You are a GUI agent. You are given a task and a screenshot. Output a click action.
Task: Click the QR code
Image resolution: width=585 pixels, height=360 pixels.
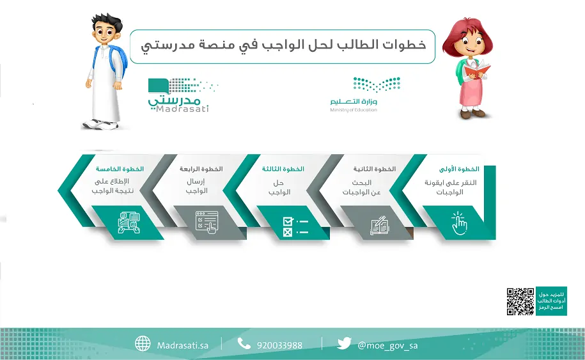point(520,301)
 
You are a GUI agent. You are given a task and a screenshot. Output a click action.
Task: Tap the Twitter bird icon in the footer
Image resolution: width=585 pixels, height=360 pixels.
point(343,343)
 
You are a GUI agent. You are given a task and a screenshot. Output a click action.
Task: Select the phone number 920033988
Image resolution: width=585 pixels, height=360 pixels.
point(279,345)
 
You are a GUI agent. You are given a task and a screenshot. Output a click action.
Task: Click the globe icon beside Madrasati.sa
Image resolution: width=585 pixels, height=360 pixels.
point(143,343)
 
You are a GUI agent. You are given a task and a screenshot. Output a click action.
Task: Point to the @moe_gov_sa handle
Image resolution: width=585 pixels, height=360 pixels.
point(387,345)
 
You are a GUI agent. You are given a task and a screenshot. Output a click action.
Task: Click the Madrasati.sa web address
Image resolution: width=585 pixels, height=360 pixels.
point(182,345)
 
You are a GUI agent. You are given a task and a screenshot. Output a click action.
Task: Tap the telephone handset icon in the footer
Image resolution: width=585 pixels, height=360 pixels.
point(244,343)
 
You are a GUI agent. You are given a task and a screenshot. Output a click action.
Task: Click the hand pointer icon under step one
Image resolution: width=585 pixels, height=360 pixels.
point(459,223)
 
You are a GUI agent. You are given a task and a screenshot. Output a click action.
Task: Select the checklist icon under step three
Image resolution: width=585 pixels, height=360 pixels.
point(295,227)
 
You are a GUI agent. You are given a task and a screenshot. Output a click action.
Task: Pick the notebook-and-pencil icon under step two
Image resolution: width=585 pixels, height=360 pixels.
point(379,225)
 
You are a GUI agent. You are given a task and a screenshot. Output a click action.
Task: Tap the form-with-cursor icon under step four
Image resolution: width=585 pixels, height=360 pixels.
point(207,223)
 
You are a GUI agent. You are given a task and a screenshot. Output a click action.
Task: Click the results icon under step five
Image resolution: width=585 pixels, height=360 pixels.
point(129,223)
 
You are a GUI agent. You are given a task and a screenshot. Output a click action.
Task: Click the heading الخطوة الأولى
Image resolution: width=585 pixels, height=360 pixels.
point(459,169)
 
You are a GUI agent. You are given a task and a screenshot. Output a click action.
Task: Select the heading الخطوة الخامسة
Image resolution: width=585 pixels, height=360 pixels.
point(120,169)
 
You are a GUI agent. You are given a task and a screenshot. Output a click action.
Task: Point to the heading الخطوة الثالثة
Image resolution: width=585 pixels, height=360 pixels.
point(283,169)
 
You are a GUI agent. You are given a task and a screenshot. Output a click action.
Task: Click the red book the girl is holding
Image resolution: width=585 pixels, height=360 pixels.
point(477,70)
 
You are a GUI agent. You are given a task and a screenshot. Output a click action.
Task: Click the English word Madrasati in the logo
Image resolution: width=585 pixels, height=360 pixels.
point(182,109)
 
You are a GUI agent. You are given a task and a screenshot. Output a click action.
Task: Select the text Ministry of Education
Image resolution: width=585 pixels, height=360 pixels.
point(354,110)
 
